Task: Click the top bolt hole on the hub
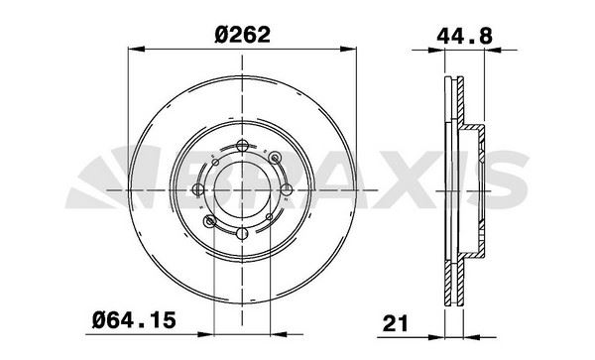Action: point(242,147)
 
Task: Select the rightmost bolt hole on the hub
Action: point(286,189)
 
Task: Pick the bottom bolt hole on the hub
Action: point(242,233)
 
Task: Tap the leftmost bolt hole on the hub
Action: point(198,189)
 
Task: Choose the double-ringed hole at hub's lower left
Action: point(211,221)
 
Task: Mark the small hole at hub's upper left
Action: point(212,159)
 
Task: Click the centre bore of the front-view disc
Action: point(242,189)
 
